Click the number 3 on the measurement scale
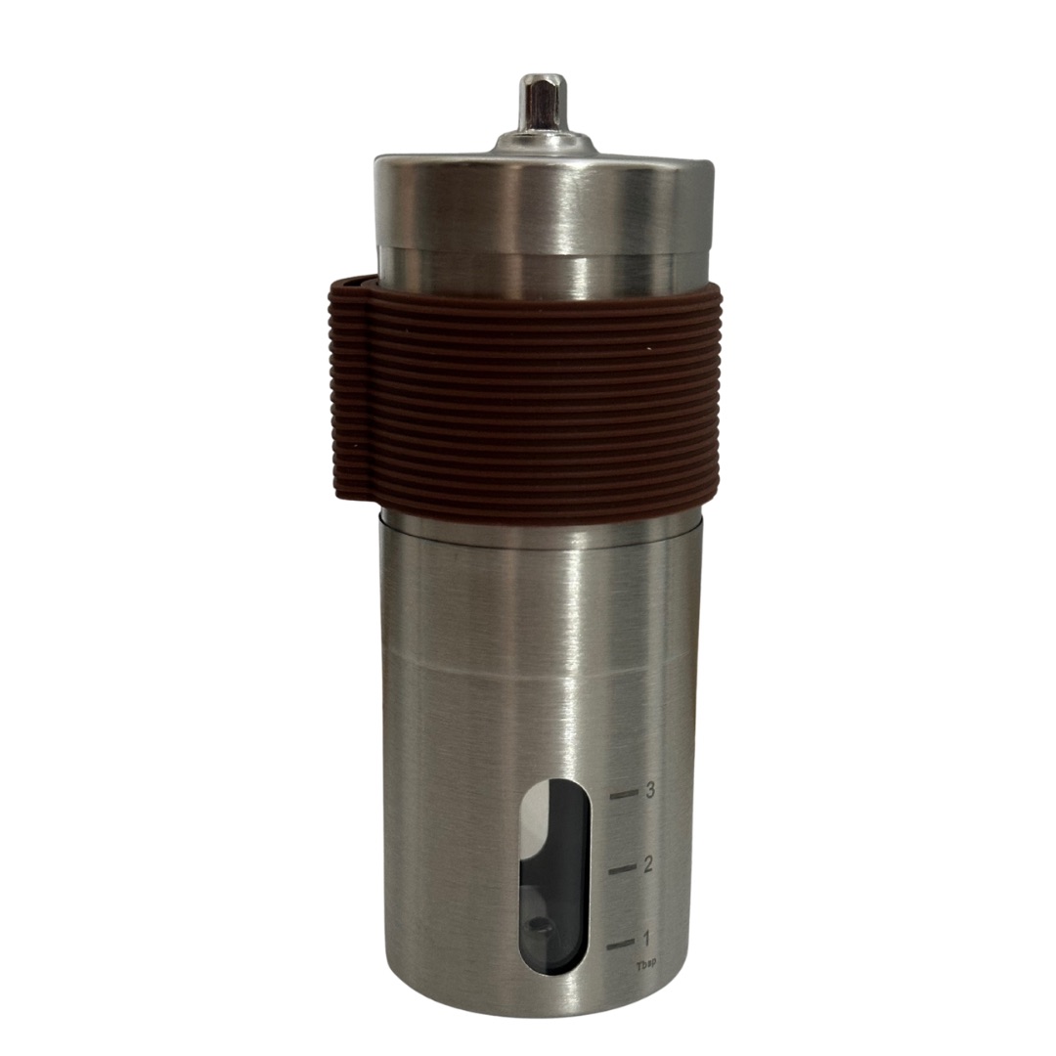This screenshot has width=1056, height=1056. click(x=650, y=791)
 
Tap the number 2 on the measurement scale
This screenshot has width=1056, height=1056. click(x=648, y=864)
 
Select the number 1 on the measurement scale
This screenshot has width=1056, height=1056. click(x=647, y=938)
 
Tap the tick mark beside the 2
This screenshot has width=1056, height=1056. click(x=622, y=869)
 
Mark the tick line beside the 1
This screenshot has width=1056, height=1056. click(x=621, y=945)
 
